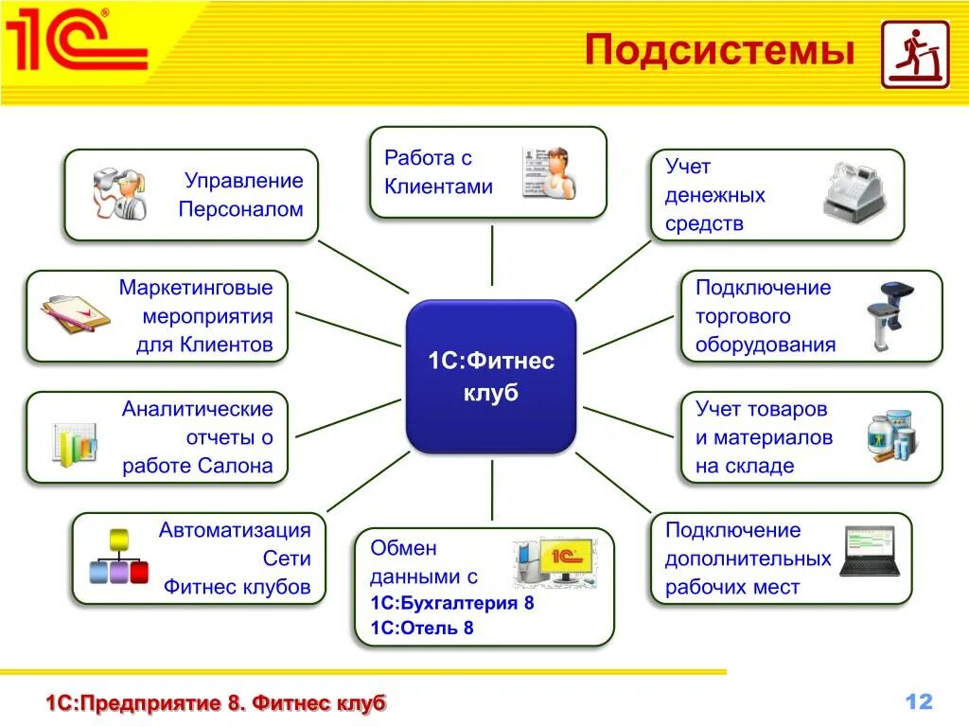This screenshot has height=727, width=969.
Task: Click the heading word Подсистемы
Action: point(718,50)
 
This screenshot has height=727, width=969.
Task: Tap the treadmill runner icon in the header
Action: point(914,54)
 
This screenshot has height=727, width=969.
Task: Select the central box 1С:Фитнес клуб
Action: point(491,376)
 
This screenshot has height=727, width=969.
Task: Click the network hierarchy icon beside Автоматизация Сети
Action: point(118,558)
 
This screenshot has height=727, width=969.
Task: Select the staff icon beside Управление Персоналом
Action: point(119,194)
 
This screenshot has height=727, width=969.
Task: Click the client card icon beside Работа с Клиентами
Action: point(550,172)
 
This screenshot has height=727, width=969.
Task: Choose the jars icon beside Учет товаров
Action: point(891,436)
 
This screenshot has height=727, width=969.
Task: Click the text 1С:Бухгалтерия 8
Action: point(452,603)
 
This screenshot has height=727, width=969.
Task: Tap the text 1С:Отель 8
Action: point(422,628)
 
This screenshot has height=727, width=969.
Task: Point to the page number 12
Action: point(919,701)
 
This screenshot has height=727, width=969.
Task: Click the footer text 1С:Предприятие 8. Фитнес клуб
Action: point(217,703)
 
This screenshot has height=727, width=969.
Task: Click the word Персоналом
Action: point(240,209)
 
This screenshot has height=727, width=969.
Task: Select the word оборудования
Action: point(766,345)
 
